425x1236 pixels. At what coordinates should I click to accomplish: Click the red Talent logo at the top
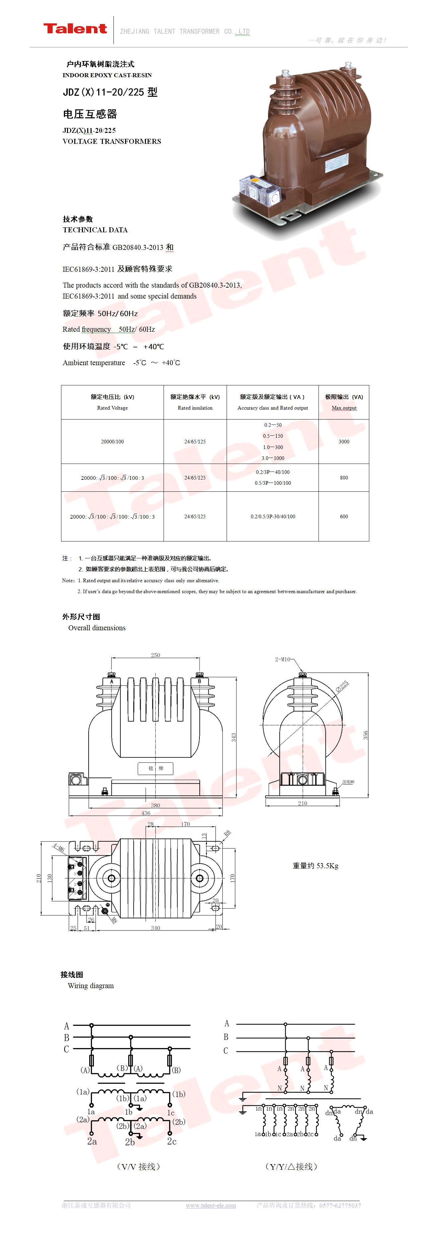coord(75,29)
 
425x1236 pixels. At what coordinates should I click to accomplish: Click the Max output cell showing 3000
coord(344,441)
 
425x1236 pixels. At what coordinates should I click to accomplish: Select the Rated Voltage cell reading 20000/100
coord(112,441)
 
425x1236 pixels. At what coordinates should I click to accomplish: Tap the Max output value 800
coord(344,478)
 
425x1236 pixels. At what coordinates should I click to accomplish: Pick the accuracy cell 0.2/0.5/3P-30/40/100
coord(273,517)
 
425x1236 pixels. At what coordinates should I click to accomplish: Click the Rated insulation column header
coord(195,402)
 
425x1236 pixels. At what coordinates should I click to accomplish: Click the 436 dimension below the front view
coord(146,813)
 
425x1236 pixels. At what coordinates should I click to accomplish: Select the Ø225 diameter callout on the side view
coord(342,686)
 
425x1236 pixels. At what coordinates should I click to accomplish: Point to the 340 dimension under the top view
coord(156,928)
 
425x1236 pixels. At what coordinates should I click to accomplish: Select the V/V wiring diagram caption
coord(138,1166)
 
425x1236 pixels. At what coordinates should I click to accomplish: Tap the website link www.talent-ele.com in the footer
coord(211,1205)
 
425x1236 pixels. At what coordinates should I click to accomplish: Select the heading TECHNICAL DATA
coord(95,230)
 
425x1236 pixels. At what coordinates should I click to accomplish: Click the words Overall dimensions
coord(97,628)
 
